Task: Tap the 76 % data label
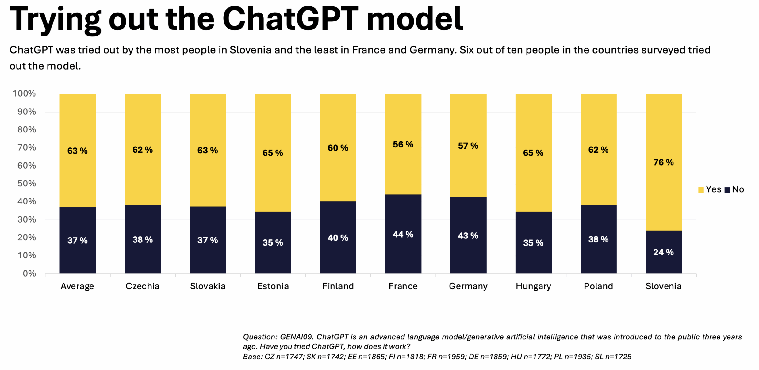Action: (663, 162)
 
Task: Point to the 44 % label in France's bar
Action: (403, 235)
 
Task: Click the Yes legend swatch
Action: (701, 190)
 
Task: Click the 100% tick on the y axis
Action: (24, 93)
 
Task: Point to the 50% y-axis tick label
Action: (26, 184)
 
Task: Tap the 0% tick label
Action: (29, 273)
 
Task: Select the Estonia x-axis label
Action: (273, 286)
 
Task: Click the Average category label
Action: (77, 286)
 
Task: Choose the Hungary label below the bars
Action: (533, 286)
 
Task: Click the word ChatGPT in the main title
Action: (290, 19)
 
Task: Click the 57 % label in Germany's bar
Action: (468, 146)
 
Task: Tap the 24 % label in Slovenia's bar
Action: (663, 252)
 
